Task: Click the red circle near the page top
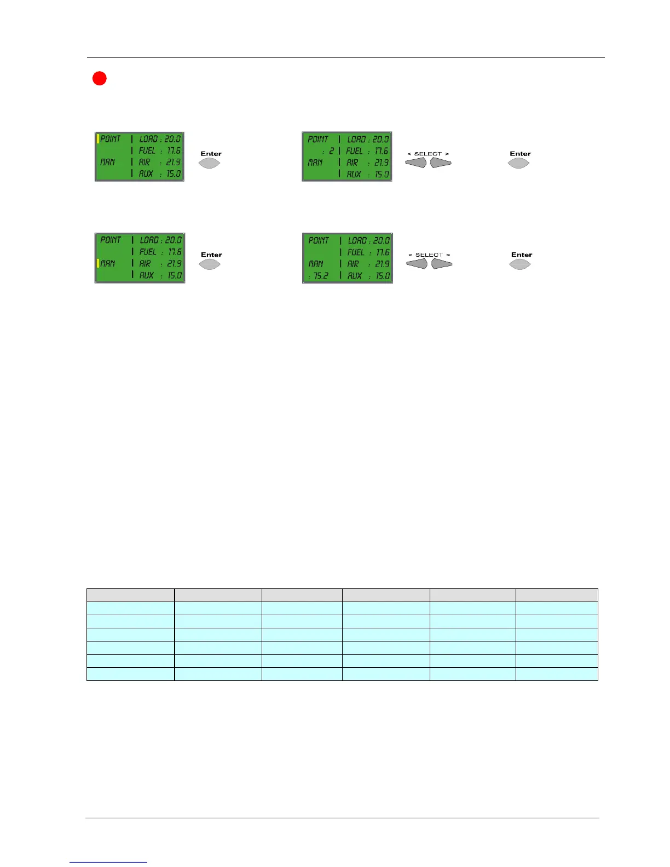coord(99,78)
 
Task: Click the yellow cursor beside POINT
coord(98,139)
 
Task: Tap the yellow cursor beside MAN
coord(98,263)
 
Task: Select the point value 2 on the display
coord(331,151)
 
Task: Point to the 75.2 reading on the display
coord(318,276)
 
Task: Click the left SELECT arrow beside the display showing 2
coord(416,163)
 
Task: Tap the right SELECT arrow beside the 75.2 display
coord(442,264)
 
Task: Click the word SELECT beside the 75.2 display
coord(429,255)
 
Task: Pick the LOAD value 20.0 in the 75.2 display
coord(381,241)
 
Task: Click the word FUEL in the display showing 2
coord(354,151)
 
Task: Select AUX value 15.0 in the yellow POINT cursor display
coord(174,174)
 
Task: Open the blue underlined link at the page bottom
coord(108,862)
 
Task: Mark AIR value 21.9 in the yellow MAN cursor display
coord(174,264)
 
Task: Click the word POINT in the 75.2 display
coord(319,241)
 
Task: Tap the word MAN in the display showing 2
coord(315,163)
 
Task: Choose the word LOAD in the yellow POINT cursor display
coord(148,140)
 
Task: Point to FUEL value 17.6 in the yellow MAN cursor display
coord(175,252)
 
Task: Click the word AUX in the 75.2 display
coord(355,276)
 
